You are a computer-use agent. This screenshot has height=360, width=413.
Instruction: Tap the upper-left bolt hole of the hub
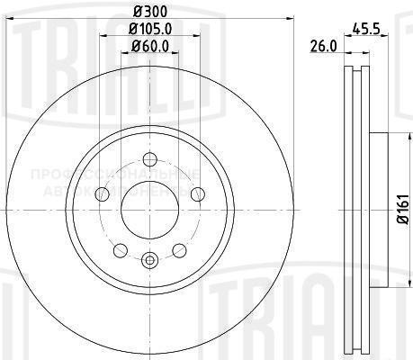coord(101,193)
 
